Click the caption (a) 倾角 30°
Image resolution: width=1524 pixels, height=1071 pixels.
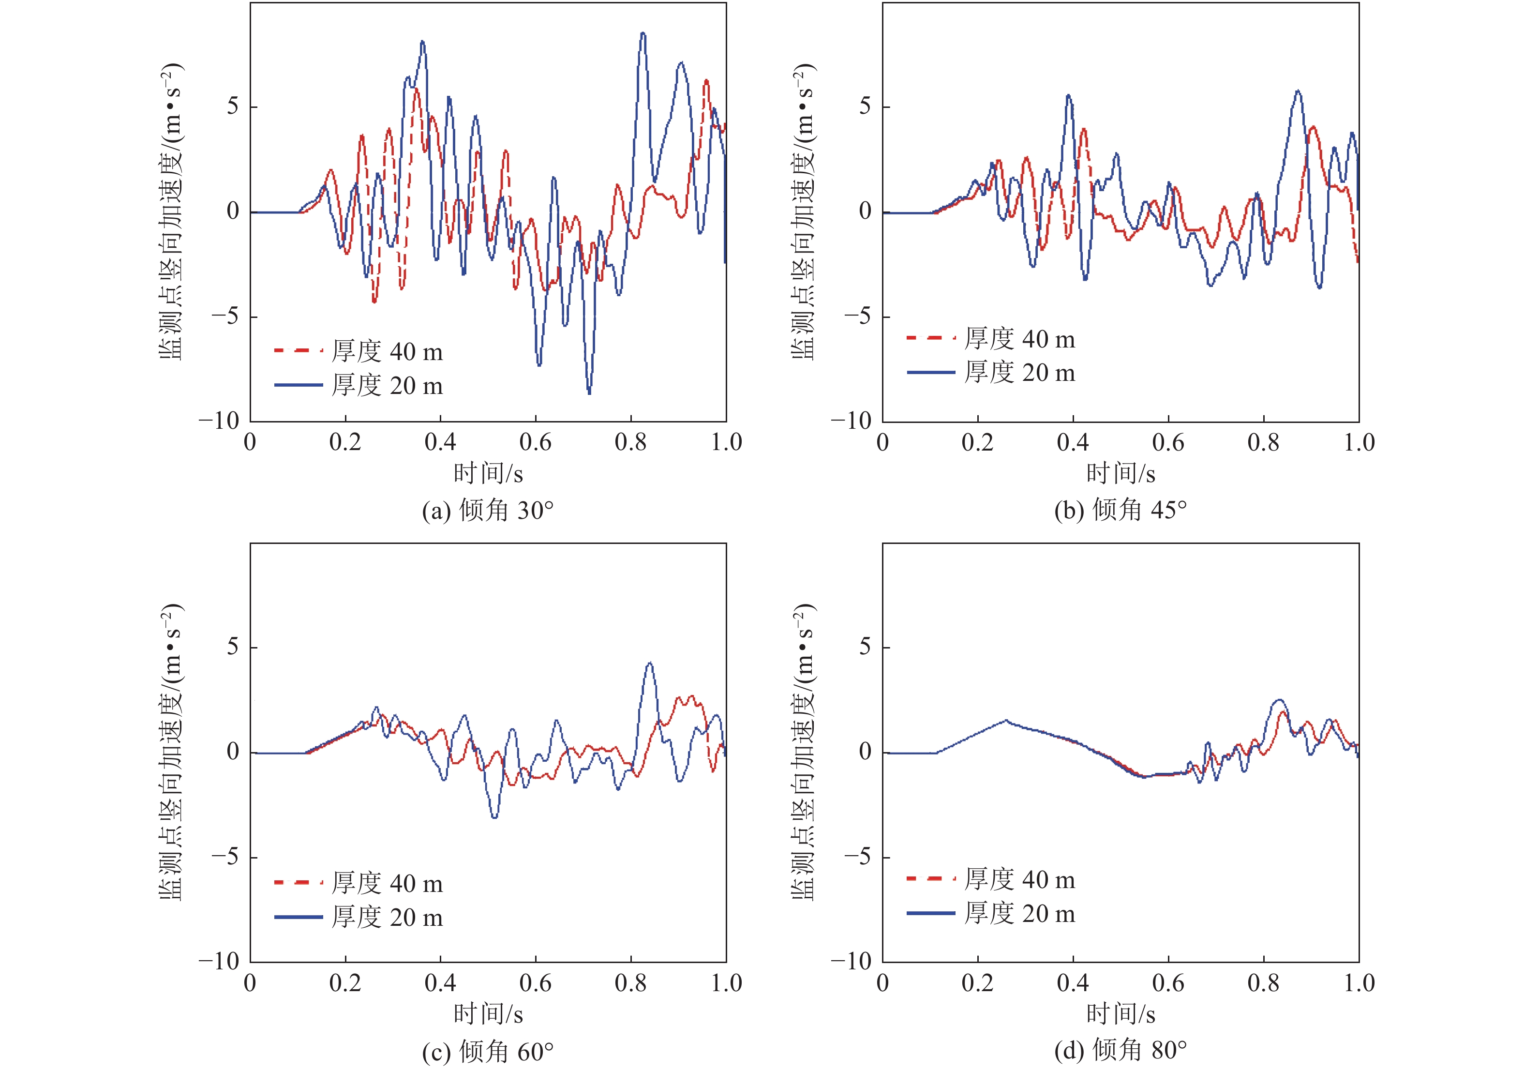point(488,511)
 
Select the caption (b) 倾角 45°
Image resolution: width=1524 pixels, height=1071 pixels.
point(1121,510)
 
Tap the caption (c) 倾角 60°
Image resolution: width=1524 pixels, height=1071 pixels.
point(488,1051)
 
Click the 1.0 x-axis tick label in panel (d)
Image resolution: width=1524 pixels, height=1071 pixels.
point(1359,983)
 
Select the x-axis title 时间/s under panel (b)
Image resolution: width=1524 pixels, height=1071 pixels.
point(1121,473)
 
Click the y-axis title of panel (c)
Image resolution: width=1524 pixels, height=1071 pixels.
point(171,752)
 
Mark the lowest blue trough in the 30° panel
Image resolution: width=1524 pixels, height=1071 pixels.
point(589,393)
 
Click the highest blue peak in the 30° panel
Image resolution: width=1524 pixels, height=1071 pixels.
point(642,33)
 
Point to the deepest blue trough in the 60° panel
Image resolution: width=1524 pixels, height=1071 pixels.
point(494,817)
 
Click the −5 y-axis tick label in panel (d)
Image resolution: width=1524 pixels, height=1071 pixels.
point(856,857)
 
